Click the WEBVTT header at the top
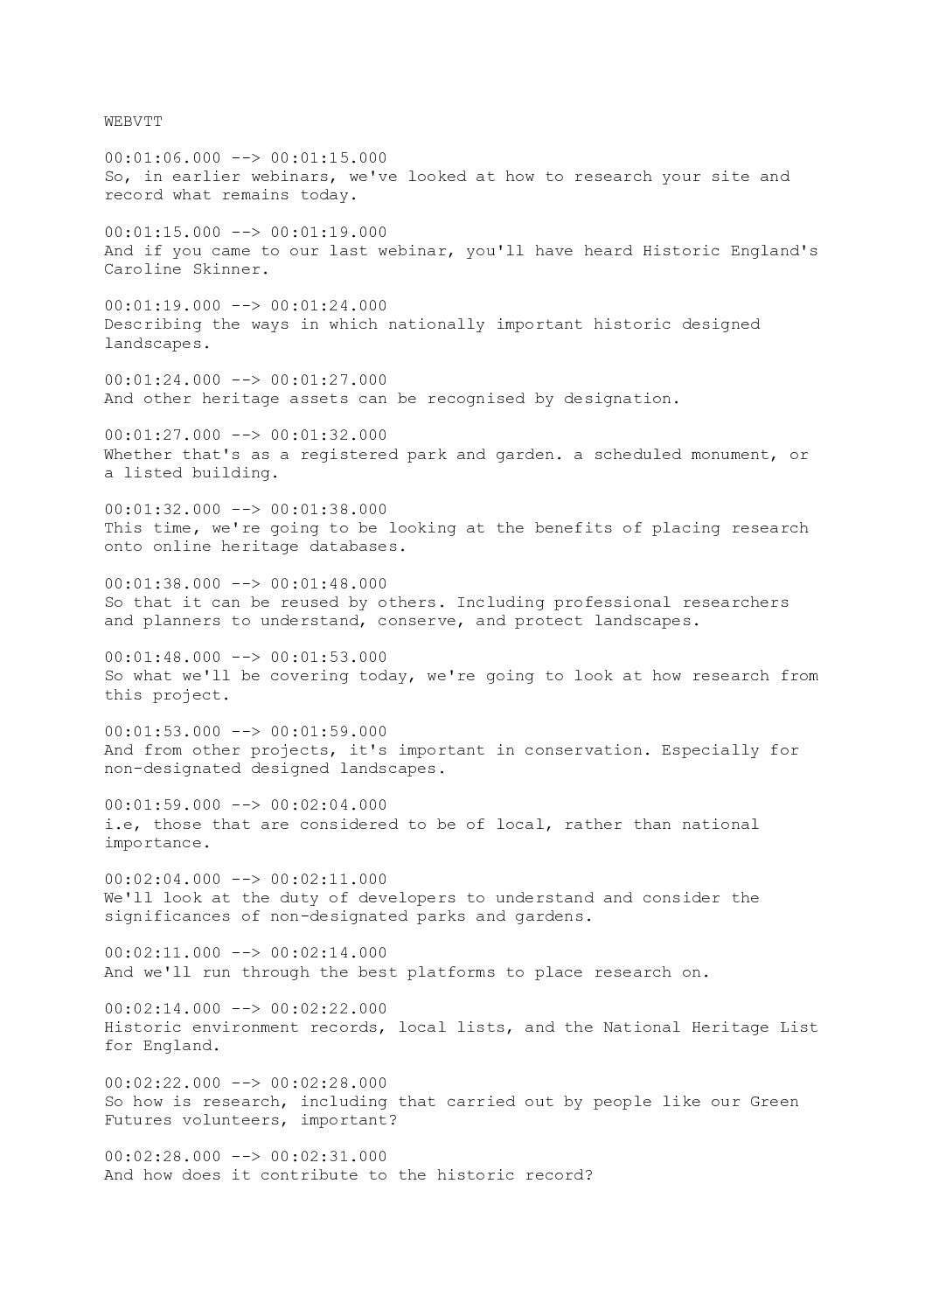tap(132, 122)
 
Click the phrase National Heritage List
tap(710, 1027)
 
